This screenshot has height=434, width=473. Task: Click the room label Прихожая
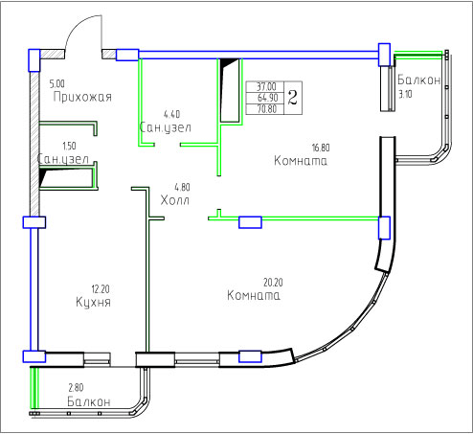tap(82, 97)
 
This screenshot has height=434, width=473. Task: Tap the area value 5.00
tap(56, 83)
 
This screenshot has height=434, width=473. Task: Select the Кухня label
tap(93, 302)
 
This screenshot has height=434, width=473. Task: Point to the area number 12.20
tap(101, 289)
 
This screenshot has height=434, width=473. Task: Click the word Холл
tap(175, 200)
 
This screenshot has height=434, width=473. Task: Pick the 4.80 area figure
tap(182, 187)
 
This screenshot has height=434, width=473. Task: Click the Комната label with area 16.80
tap(301, 160)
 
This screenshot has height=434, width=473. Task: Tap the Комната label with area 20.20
tap(254, 295)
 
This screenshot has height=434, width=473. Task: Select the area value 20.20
tap(273, 283)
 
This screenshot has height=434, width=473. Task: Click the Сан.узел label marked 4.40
tap(166, 127)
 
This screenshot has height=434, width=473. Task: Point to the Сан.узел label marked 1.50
tap(63, 159)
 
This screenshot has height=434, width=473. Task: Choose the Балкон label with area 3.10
tap(419, 80)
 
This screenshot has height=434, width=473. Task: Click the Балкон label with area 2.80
tap(89, 401)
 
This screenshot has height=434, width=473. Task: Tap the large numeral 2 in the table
tap(293, 98)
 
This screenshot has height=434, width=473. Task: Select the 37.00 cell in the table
tap(266, 86)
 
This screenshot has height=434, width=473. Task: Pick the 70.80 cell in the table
tap(267, 109)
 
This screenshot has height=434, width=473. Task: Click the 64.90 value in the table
tap(267, 98)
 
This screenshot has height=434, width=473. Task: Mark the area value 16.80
tap(321, 148)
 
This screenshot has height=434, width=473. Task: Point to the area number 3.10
tap(405, 95)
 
